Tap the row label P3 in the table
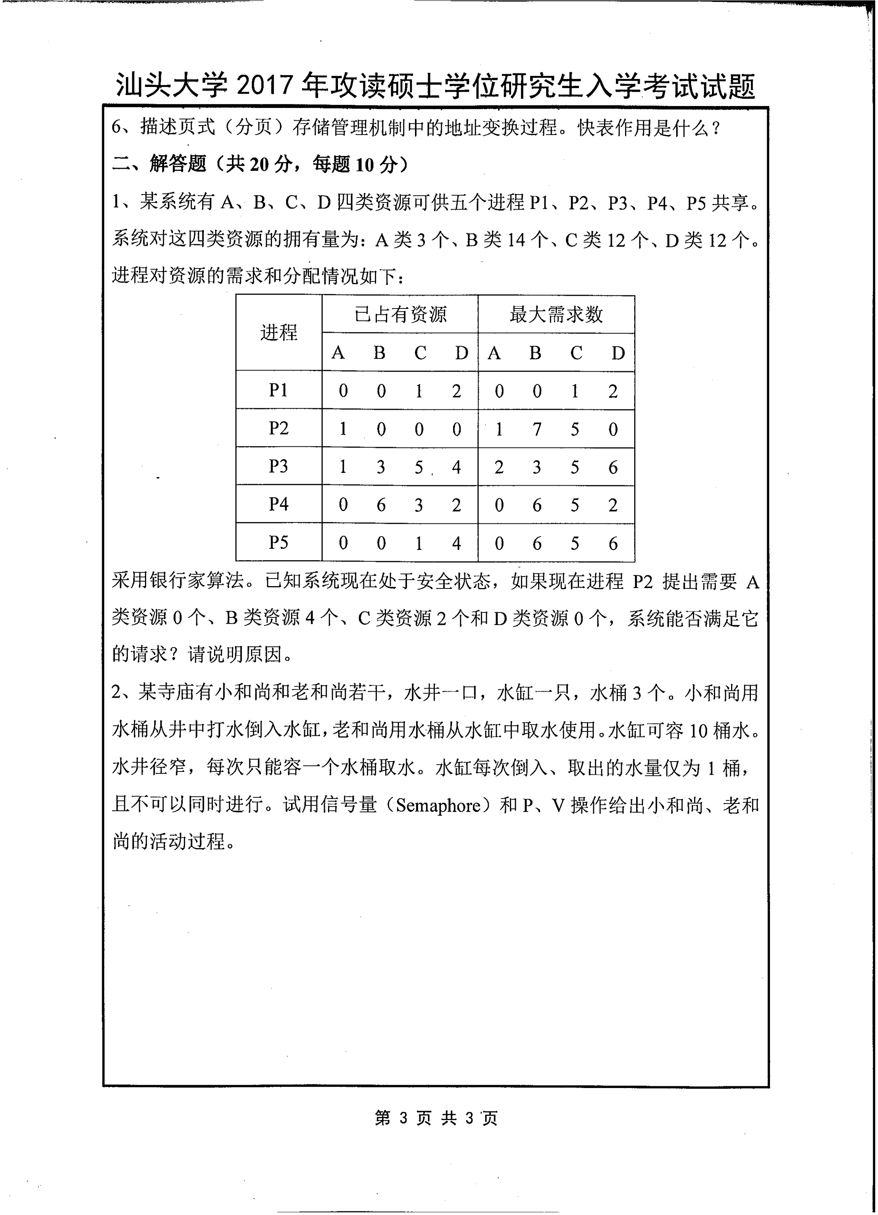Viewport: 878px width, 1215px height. pos(278,466)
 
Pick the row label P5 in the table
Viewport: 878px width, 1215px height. pos(278,543)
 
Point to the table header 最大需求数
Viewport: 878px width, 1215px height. pos(556,314)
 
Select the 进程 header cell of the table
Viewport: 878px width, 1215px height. pos(278,333)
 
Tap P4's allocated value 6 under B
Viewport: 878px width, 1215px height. pos(381,505)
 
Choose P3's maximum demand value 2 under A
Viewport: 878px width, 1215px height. pos(499,467)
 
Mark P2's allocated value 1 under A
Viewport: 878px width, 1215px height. pos(343,429)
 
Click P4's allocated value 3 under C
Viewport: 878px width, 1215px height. pos(419,505)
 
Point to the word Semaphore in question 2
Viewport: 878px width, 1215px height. pos(438,806)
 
